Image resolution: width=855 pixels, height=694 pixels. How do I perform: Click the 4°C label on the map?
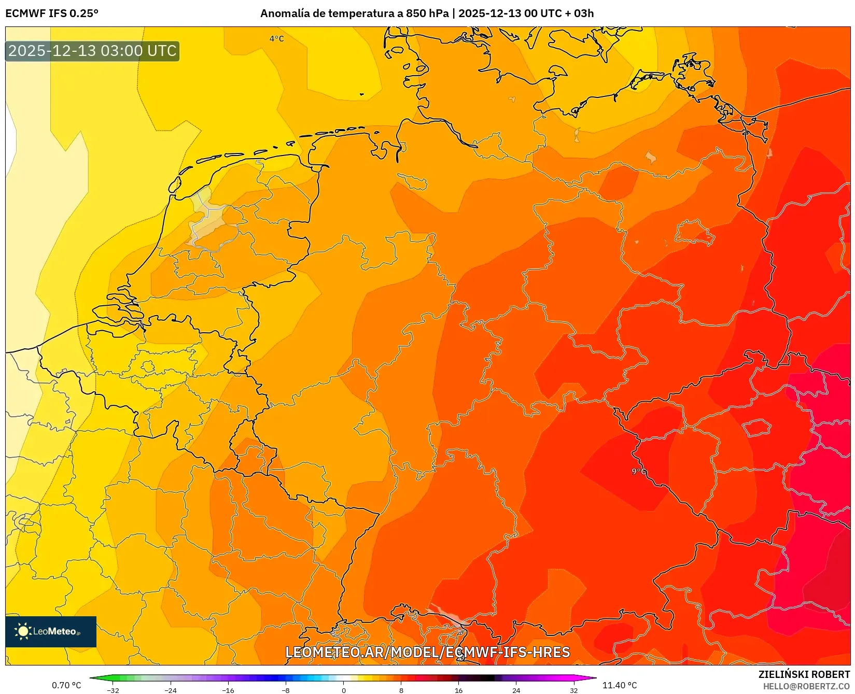276,38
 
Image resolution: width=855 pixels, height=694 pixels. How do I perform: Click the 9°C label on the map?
639,471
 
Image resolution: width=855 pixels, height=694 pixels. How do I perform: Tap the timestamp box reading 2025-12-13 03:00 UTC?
92,51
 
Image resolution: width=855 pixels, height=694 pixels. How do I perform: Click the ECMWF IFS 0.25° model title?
52,13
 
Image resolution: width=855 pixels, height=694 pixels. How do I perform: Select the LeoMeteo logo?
51,631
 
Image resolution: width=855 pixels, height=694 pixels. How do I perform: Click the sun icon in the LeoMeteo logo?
23,631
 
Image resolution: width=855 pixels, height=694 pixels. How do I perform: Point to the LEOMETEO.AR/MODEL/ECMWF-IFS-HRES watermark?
428,652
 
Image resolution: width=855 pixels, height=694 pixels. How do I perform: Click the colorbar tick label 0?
343,690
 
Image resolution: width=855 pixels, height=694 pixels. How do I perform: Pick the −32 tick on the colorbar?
113,690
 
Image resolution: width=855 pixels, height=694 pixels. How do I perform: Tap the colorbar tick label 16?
458,690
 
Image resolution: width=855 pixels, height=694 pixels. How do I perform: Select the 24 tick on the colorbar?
516,690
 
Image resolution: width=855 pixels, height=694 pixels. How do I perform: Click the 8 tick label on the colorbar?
401,690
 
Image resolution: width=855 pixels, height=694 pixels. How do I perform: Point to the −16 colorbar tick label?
228,690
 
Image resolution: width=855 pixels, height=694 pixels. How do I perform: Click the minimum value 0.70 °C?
66,685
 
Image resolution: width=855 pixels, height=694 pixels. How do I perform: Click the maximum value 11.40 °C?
620,685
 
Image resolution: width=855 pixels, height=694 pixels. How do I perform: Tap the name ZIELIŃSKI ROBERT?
804,674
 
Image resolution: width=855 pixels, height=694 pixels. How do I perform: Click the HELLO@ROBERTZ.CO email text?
806,686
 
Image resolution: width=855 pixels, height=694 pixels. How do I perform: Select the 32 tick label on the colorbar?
573,690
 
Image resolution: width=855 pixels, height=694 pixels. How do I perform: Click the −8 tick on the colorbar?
285,690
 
